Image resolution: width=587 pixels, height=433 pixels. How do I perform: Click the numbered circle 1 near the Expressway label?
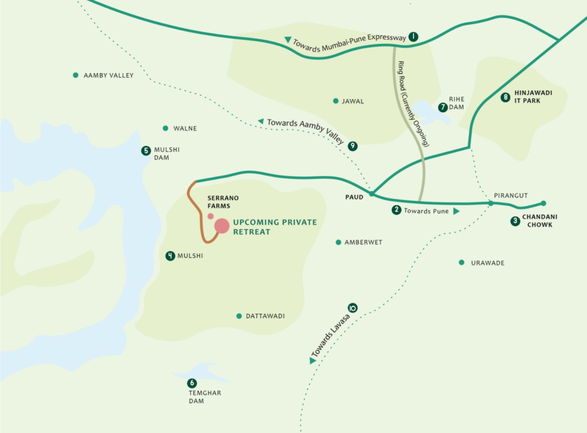[x=413, y=37]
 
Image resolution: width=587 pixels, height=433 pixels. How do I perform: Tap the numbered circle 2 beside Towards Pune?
[x=396, y=210]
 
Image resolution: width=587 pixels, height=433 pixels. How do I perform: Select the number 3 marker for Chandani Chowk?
[x=515, y=221]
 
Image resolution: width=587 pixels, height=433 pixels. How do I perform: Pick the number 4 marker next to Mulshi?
[x=170, y=256]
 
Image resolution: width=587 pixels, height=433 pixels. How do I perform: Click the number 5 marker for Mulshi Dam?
[x=146, y=151]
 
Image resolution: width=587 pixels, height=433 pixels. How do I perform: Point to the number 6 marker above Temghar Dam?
[x=192, y=383]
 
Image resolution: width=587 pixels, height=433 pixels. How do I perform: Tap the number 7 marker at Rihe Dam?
[x=443, y=107]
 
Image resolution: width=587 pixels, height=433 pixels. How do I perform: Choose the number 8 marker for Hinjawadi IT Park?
[x=506, y=97]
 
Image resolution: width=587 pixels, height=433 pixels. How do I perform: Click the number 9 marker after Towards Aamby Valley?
[x=353, y=146]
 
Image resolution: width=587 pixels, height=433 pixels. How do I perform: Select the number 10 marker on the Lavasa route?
[x=353, y=308]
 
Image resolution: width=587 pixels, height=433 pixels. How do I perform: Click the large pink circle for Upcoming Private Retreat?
[x=222, y=226]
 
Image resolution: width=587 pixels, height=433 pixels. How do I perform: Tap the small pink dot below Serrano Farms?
[x=211, y=216]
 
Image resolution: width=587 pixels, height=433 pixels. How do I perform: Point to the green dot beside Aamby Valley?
[x=76, y=75]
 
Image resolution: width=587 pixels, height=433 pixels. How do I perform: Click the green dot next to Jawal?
[x=336, y=101]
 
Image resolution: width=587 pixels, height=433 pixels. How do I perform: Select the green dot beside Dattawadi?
[x=239, y=316]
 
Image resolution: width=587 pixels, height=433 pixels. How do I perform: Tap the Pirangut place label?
[x=510, y=195]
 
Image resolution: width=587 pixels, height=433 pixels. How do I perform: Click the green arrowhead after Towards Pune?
[x=456, y=211]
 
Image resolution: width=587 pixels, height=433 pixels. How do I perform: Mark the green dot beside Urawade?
[x=461, y=263]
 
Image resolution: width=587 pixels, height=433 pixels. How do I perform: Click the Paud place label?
[x=354, y=197]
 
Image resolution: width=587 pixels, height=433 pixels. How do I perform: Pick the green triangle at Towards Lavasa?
[x=312, y=361]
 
